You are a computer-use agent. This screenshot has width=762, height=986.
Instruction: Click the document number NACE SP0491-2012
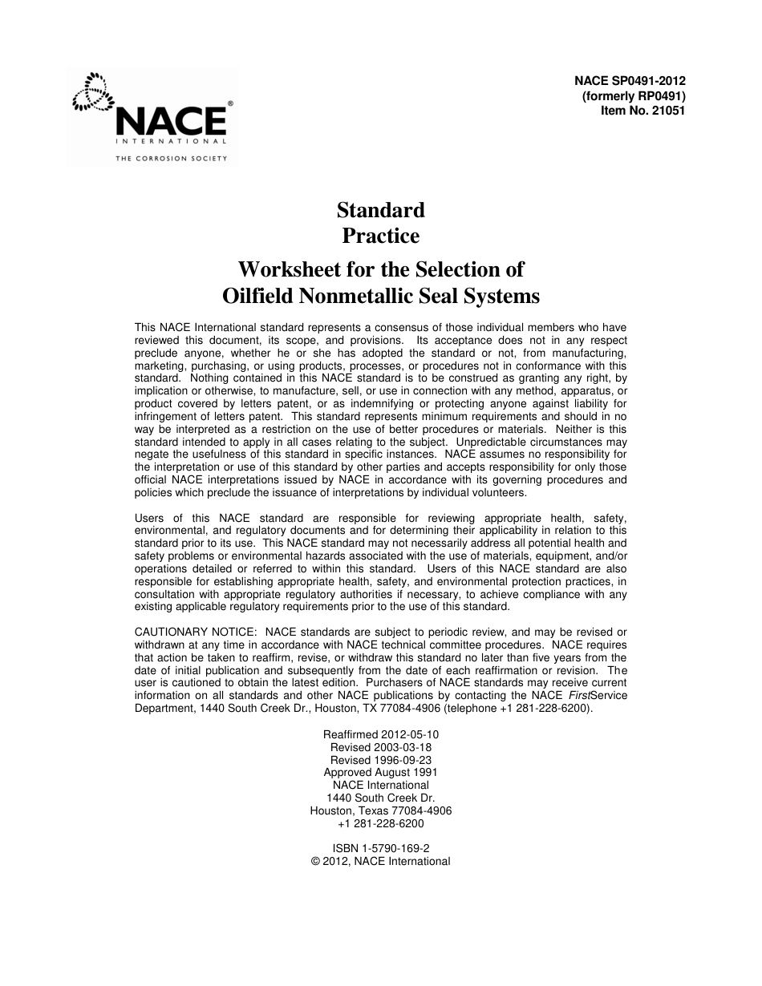coord(630,81)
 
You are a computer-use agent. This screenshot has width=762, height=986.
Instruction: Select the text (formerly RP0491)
coord(634,96)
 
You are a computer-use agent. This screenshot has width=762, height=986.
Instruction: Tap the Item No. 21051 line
coord(642,111)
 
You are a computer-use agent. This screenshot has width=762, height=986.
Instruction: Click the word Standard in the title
coord(380,210)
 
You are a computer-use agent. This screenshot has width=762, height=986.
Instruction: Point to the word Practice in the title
coord(380,236)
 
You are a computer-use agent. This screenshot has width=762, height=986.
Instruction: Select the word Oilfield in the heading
coord(257,296)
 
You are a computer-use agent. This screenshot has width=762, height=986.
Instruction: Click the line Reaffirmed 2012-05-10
coord(380,734)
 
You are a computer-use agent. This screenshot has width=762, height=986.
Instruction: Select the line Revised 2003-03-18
coord(380,747)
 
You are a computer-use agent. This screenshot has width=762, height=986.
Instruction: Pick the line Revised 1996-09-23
coord(380,760)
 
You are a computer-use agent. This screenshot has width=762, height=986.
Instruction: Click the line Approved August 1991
coord(380,773)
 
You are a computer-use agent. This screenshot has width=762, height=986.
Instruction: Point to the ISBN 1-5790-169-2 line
coord(380,849)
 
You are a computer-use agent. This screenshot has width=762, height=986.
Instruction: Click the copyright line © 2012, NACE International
coord(380,862)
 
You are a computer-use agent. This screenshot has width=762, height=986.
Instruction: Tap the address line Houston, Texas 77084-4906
coord(380,810)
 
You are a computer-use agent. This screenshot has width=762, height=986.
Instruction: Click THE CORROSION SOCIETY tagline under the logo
coord(172,159)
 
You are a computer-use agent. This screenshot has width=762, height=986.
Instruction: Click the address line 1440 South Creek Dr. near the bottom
coord(380,798)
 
